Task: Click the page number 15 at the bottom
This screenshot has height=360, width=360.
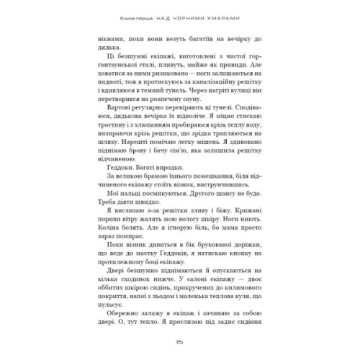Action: click(180, 342)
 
